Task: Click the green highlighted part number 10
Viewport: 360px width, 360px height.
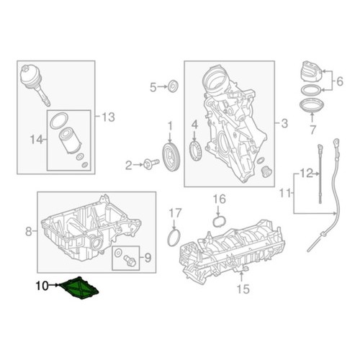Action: click(79, 289)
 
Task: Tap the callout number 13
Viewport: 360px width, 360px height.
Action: click(109, 117)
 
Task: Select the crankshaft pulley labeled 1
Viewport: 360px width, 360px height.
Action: click(171, 157)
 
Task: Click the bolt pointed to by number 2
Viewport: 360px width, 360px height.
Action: click(151, 164)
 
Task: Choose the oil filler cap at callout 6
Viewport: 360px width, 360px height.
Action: click(310, 72)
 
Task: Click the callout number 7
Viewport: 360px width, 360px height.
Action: click(312, 130)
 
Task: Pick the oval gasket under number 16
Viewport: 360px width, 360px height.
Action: click(220, 221)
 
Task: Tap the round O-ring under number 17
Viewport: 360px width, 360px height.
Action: click(174, 238)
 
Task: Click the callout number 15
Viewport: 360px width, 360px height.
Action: click(243, 289)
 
